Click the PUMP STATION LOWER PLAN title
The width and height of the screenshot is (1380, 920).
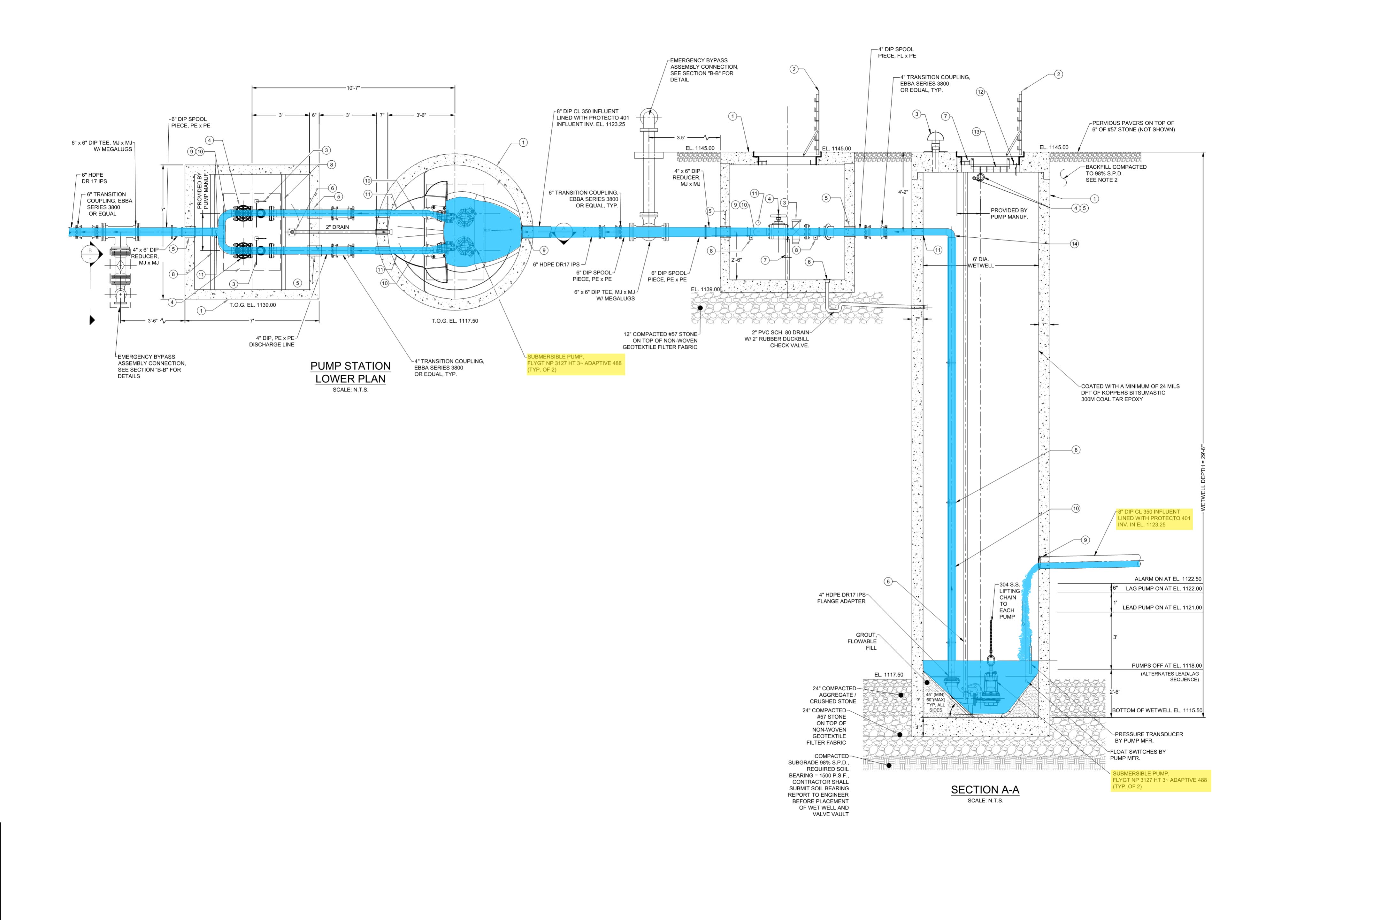pos(350,372)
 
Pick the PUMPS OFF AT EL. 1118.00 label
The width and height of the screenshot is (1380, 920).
pos(1166,666)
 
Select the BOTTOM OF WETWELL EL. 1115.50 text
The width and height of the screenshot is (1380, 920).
pos(1157,710)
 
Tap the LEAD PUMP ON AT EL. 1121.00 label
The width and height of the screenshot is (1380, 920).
pos(1162,608)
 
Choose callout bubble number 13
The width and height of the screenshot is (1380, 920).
pos(977,132)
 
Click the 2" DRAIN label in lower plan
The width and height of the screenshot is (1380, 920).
pos(337,227)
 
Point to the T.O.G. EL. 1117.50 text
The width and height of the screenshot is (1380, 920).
pos(454,321)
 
